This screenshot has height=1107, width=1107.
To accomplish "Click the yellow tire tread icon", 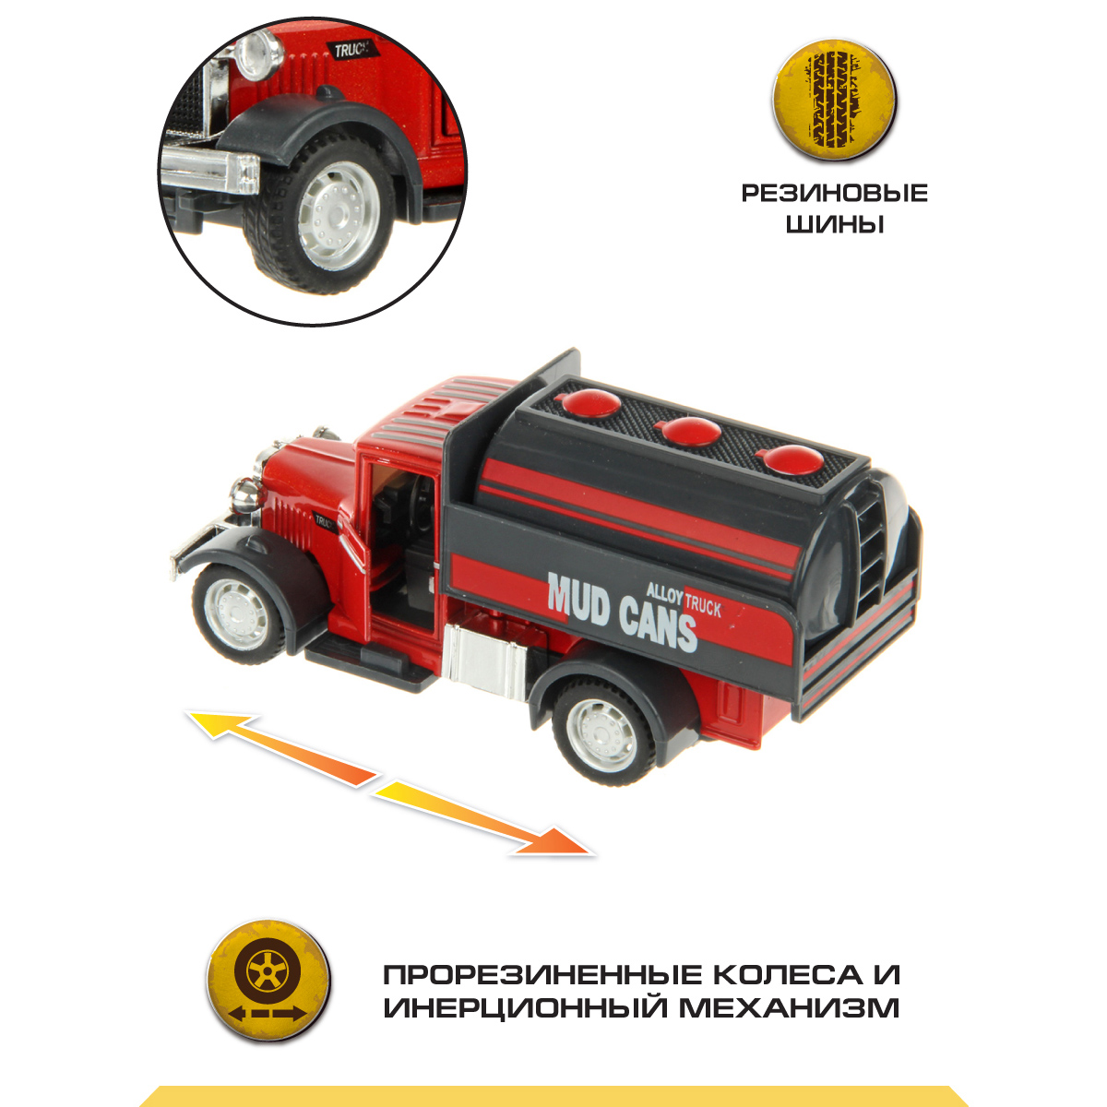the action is (x=835, y=101).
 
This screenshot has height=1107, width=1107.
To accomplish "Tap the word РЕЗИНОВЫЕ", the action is (x=835, y=193).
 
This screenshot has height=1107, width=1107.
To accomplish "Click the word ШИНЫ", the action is (x=834, y=224).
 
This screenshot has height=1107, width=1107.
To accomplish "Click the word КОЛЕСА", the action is (x=792, y=975).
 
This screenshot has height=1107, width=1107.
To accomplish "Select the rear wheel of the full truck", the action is (x=603, y=727).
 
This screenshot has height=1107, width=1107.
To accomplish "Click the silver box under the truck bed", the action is (x=487, y=661).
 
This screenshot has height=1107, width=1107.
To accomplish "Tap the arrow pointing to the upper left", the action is (x=281, y=748).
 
